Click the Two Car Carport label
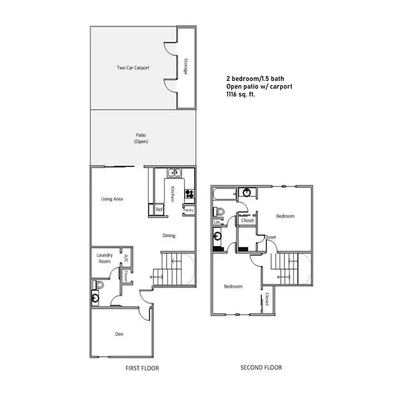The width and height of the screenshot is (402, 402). pyautogui.click(x=133, y=68)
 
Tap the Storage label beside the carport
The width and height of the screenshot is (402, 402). pyautogui.click(x=186, y=68)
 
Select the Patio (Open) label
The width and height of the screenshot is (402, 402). pyautogui.click(x=141, y=138)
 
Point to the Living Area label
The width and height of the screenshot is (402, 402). pyautogui.click(x=112, y=199)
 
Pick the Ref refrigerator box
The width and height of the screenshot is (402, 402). pyautogui.click(x=160, y=209)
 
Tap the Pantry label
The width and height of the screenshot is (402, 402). pyautogui.click(x=188, y=209)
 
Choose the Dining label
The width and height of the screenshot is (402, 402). pyautogui.click(x=168, y=236)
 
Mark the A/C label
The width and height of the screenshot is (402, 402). pyautogui.click(x=126, y=258)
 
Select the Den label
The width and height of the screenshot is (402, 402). pyautogui.click(x=119, y=334)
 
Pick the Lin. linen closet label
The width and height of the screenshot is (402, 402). pyautogui.click(x=217, y=222)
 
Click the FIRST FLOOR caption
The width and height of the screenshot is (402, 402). pyautogui.click(x=141, y=368)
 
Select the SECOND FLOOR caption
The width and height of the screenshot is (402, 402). pyautogui.click(x=261, y=367)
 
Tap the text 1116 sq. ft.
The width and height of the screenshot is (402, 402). pyautogui.click(x=241, y=94)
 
